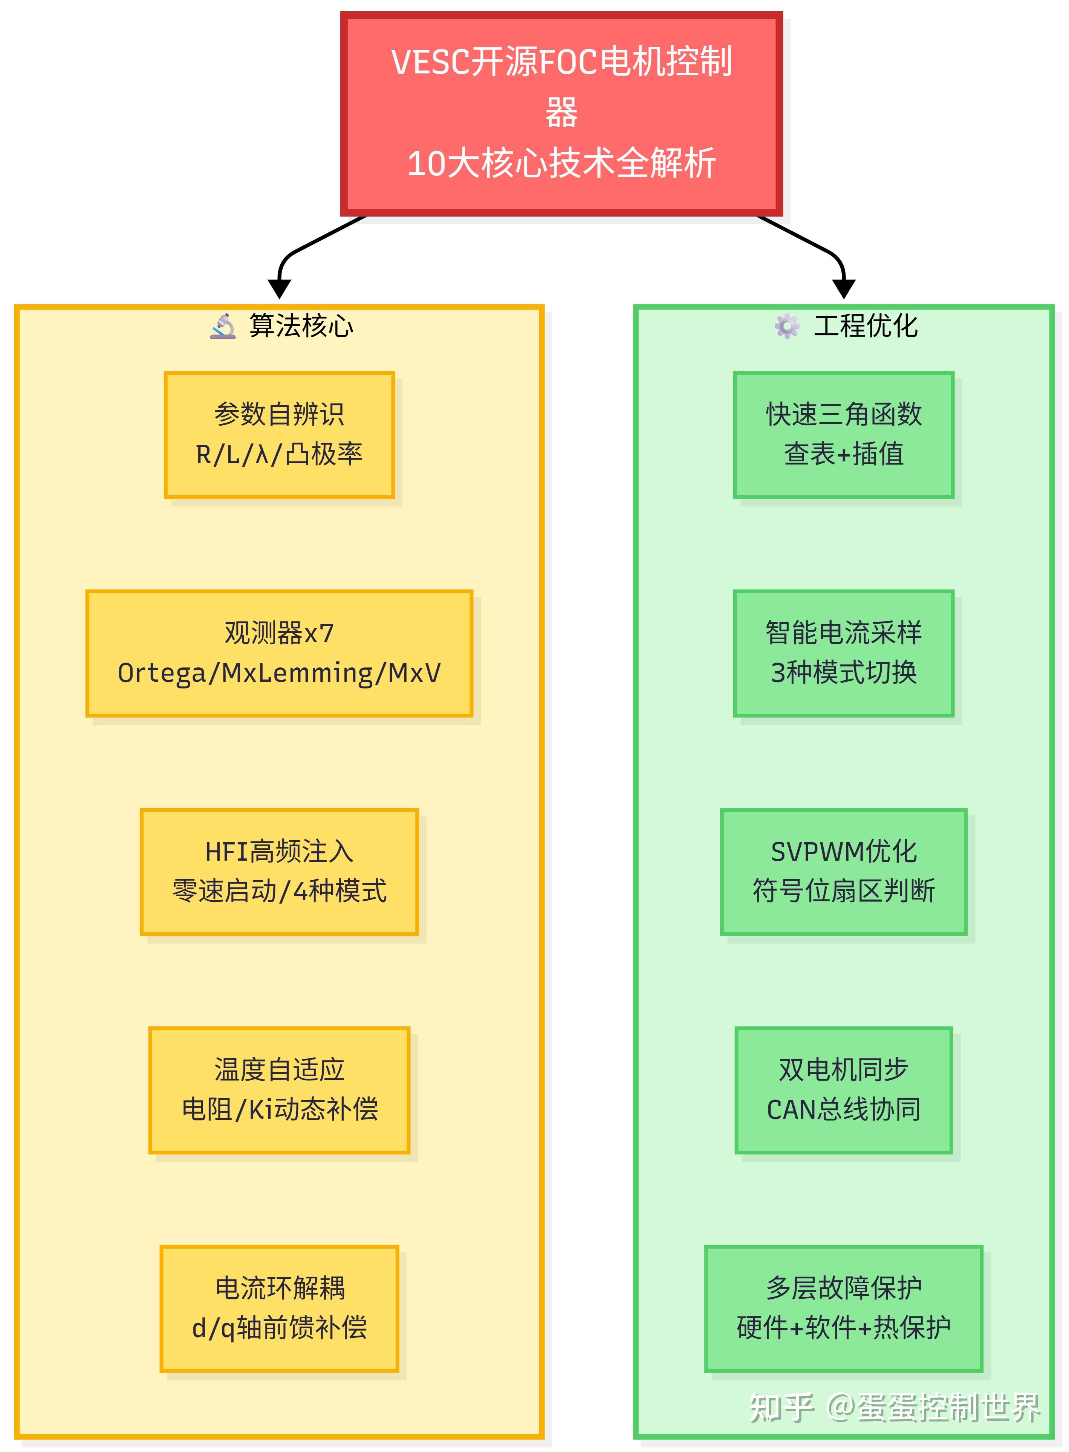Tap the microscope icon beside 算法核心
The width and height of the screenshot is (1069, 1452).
pos(223,326)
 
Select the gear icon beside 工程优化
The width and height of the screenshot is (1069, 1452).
pos(786,326)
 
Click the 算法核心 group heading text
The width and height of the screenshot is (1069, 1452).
pos(301,326)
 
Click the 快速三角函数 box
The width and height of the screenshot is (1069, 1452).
pos(843,435)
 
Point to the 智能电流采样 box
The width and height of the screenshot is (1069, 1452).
pos(843,653)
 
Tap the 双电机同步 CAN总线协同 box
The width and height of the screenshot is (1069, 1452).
pos(843,1090)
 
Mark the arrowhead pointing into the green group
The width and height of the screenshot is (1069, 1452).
pos(843,289)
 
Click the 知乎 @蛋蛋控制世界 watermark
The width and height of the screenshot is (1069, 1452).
pos(894,1408)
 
